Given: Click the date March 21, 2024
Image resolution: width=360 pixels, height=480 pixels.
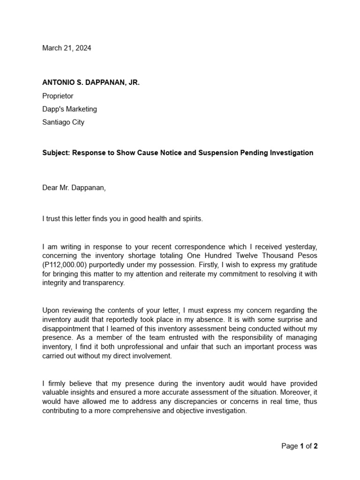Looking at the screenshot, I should pyautogui.click(x=67, y=48).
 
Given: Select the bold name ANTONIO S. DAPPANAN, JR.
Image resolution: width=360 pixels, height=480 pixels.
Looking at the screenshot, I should pyautogui.click(x=91, y=82).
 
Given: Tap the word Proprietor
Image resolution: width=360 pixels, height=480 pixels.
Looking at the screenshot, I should pyautogui.click(x=58, y=96).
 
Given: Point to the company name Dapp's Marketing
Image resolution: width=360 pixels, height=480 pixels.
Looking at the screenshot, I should pyautogui.click(x=69, y=109).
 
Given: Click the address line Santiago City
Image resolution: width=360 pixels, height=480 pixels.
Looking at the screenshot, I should pyautogui.click(x=63, y=122).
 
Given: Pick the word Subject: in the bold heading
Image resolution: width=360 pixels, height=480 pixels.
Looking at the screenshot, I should pyautogui.click(x=56, y=153).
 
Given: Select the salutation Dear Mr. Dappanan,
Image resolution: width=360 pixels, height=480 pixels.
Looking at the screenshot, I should pyautogui.click(x=74, y=188).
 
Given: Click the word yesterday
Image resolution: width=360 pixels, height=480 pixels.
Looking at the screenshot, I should pyautogui.click(x=300, y=247).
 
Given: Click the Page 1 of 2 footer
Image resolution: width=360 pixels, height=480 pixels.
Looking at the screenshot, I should pyautogui.click(x=300, y=446).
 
